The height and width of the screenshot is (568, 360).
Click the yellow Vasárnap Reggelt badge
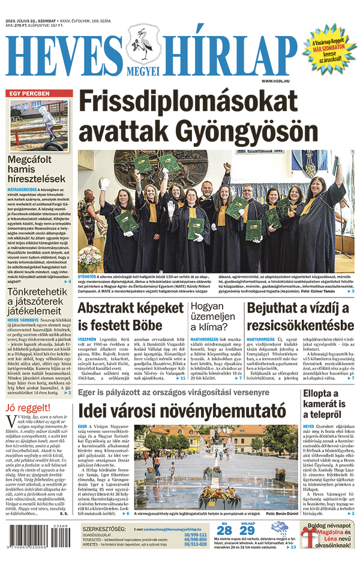330,51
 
